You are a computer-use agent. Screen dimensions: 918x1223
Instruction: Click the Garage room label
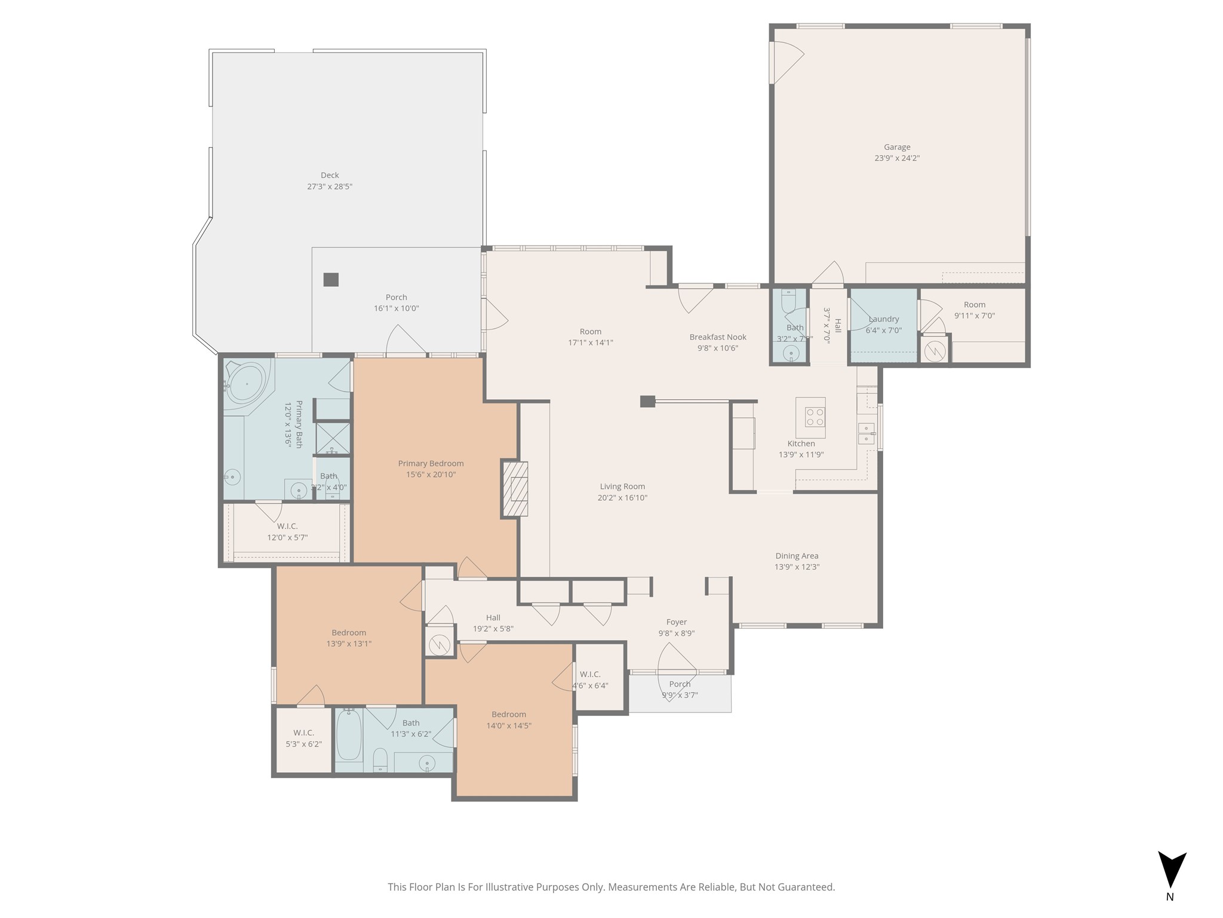tap(897, 147)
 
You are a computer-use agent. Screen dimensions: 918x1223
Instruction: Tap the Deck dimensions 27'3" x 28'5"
tap(330, 186)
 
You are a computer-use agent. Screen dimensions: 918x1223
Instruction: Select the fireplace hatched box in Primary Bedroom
tap(515, 489)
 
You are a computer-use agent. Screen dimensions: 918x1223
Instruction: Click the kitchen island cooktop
tap(815, 417)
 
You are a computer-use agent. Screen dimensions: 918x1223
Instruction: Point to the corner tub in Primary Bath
tap(247, 382)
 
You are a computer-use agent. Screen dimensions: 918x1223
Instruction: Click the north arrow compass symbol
tap(1172, 870)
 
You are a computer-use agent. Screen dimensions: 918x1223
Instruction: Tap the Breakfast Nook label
tap(718, 337)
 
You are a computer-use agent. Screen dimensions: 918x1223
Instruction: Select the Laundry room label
tap(884, 319)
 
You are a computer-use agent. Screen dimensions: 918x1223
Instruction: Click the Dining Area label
tap(797, 556)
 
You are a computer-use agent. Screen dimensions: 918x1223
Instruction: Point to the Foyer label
tap(677, 622)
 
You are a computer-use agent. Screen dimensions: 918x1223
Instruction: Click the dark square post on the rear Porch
tap(331, 279)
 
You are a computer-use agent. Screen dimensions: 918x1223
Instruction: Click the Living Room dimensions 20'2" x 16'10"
tap(622, 498)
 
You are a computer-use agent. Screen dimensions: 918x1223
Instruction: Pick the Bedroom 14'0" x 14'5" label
tap(509, 714)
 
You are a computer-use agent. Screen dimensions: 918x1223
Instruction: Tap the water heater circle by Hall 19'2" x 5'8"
tap(440, 644)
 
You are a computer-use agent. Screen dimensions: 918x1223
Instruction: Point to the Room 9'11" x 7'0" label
tap(975, 305)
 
